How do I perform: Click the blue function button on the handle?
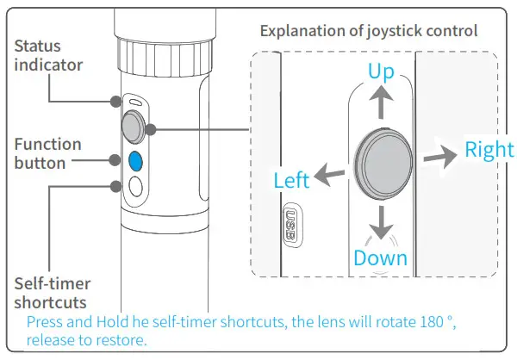pyautogui.click(x=134, y=160)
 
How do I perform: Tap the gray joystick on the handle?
pyautogui.click(x=134, y=129)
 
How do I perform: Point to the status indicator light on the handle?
pyautogui.click(x=134, y=102)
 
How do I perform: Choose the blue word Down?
pyautogui.click(x=380, y=258)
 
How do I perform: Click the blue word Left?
pyautogui.click(x=290, y=181)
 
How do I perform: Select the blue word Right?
pyautogui.click(x=489, y=149)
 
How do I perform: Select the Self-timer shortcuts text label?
pyautogui.click(x=53, y=293)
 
